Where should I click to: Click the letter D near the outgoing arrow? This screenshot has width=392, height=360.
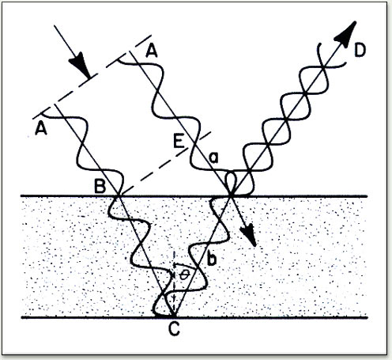pyautogui.click(x=360, y=50)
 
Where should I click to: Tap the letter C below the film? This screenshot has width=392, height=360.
pyautogui.click(x=174, y=329)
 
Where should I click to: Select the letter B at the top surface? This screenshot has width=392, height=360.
pyautogui.click(x=100, y=186)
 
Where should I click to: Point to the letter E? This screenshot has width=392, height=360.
pyautogui.click(x=179, y=142)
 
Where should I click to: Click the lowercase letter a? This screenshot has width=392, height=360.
pyautogui.click(x=213, y=157)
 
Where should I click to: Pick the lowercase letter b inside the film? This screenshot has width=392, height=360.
pyautogui.click(x=211, y=259)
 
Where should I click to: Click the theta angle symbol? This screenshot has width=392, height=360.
pyautogui.click(x=184, y=275)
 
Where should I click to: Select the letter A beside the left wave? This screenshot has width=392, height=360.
pyautogui.click(x=41, y=129)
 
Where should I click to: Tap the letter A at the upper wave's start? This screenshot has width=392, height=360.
pyautogui.click(x=151, y=51)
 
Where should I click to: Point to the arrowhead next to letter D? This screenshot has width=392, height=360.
pyautogui.click(x=346, y=32)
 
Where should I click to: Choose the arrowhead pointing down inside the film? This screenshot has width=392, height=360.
pyautogui.click(x=249, y=234)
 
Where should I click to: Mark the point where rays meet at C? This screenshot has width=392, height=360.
pyautogui.click(x=174, y=316)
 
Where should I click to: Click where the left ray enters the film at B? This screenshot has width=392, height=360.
pyautogui.click(x=119, y=196)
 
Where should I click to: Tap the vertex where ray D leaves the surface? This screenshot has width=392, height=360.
pyautogui.click(x=231, y=196)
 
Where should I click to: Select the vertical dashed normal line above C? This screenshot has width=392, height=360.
pyautogui.click(x=174, y=283)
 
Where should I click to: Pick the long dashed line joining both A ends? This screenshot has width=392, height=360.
pyautogui.click(x=92, y=77)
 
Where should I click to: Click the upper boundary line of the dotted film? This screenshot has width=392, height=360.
pyautogui.click(x=194, y=196)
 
